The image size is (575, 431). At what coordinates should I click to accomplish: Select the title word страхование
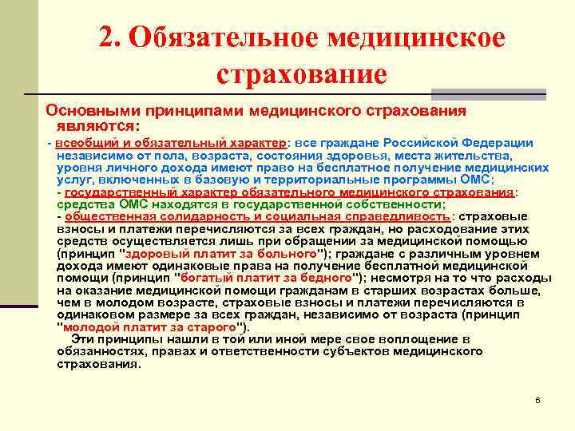[301, 75]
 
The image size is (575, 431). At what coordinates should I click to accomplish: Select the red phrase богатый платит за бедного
[267, 277]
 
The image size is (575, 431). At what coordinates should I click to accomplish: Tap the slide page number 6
[538, 399]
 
